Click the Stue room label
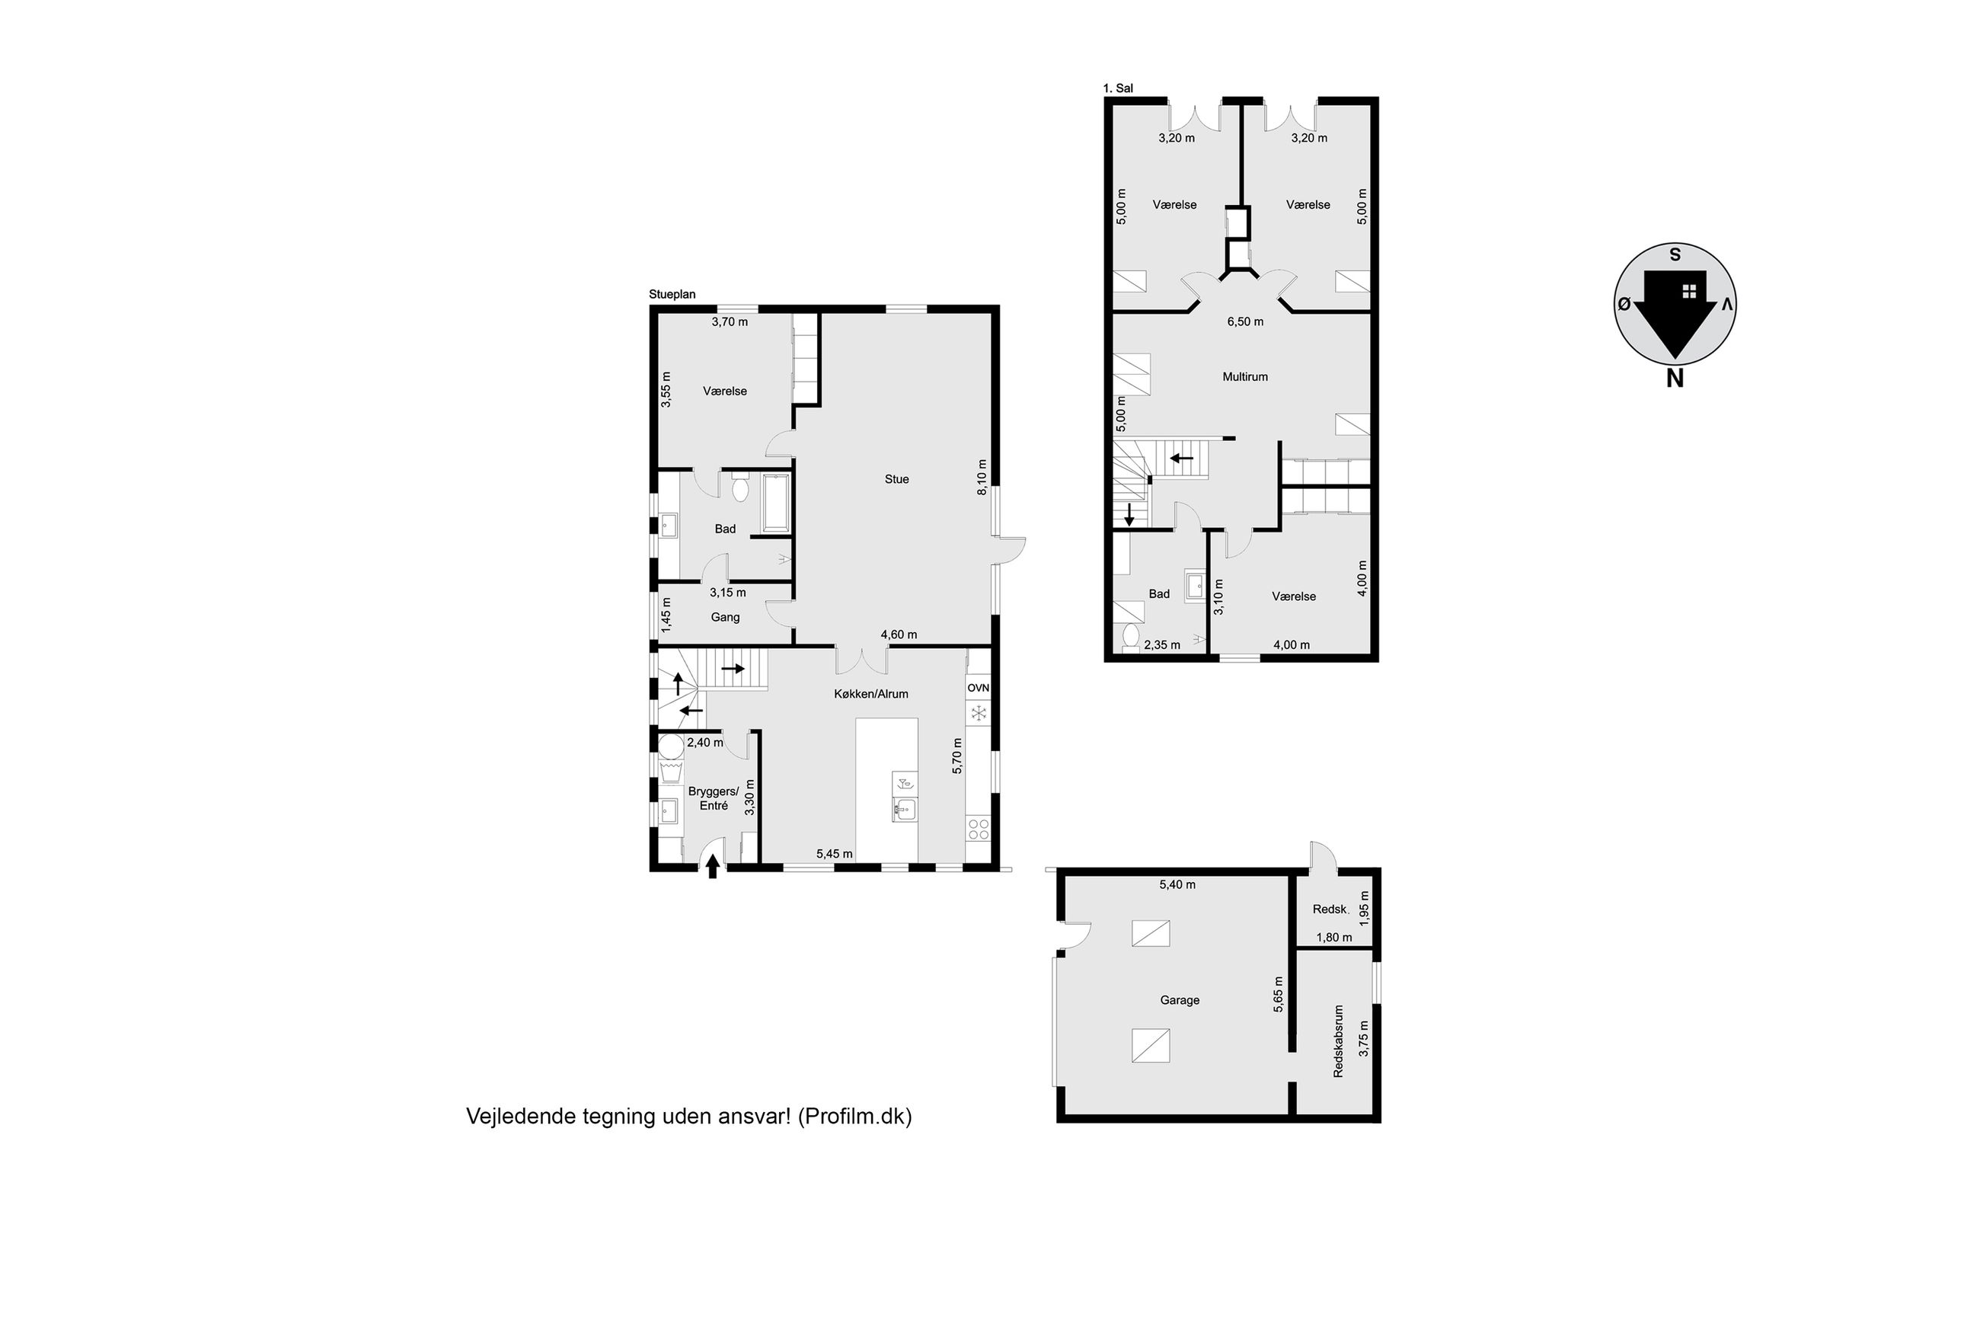896,479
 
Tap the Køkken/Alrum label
871,694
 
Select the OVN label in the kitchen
978,688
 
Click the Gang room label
725,618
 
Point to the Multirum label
1244,376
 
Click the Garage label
1179,1000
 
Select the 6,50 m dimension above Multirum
1244,321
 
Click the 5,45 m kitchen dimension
834,854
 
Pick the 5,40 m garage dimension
1177,885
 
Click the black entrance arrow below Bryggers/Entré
713,866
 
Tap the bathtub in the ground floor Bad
776,503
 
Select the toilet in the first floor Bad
1130,638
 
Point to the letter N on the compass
1675,379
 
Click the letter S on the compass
1675,254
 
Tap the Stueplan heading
672,295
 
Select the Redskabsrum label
1338,1040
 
